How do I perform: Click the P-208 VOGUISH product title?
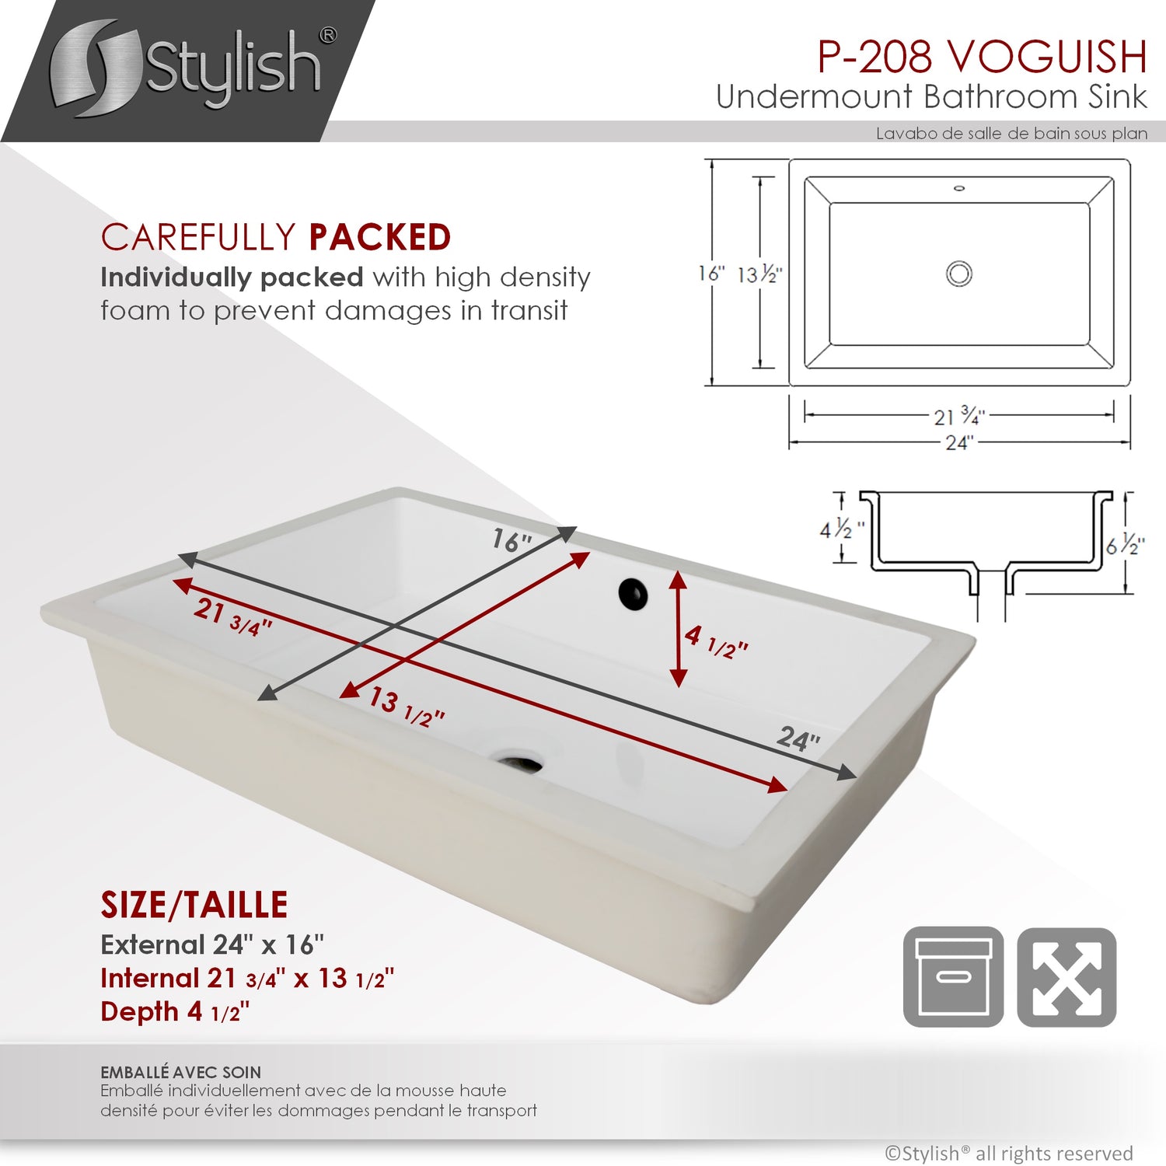point(983,57)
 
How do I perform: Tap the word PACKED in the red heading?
point(379,238)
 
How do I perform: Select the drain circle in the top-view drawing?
point(959,274)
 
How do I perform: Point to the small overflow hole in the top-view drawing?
point(959,188)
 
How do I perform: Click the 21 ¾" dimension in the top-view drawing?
point(959,416)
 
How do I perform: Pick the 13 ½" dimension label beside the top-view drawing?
point(759,274)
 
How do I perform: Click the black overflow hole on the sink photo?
point(634,594)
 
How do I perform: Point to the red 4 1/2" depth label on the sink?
point(716,641)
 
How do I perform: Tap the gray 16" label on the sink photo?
point(512,539)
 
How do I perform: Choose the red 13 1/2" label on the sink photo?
point(407,706)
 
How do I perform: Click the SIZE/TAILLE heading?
point(194,905)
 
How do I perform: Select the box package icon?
point(953,977)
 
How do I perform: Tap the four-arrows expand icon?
point(1067,977)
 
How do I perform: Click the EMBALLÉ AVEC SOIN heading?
point(181,1073)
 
